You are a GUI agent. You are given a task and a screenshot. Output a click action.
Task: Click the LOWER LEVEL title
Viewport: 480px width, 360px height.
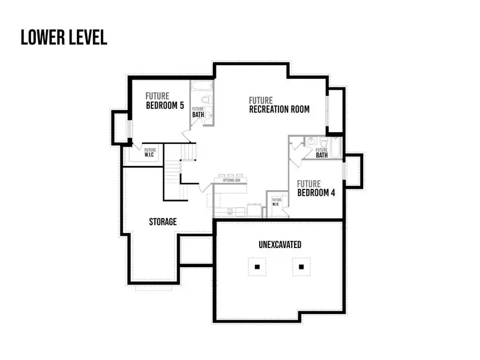[64, 37]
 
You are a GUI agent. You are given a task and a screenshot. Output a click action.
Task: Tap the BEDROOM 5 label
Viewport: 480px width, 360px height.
[165, 106]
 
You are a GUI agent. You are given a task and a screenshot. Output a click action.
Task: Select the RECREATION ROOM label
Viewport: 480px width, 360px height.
[279, 109]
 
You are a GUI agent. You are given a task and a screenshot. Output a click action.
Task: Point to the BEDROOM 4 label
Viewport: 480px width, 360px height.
[316, 193]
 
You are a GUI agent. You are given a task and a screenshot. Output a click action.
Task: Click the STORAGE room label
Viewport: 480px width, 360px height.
[163, 221]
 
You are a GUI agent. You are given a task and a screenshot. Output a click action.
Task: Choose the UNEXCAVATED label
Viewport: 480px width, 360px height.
[279, 245]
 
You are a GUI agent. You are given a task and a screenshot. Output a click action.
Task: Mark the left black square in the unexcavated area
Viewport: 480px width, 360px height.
[257, 266]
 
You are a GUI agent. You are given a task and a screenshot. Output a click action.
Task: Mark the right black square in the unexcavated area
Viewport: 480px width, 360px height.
[301, 266]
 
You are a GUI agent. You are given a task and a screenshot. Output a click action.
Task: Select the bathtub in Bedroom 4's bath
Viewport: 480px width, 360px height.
[334, 148]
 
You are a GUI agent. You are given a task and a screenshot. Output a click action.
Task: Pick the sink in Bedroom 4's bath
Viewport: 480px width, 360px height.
[310, 142]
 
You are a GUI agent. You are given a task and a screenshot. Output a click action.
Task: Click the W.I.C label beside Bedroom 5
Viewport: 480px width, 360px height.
[150, 153]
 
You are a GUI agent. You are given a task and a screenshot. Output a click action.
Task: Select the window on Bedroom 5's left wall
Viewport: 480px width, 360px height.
[129, 129]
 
